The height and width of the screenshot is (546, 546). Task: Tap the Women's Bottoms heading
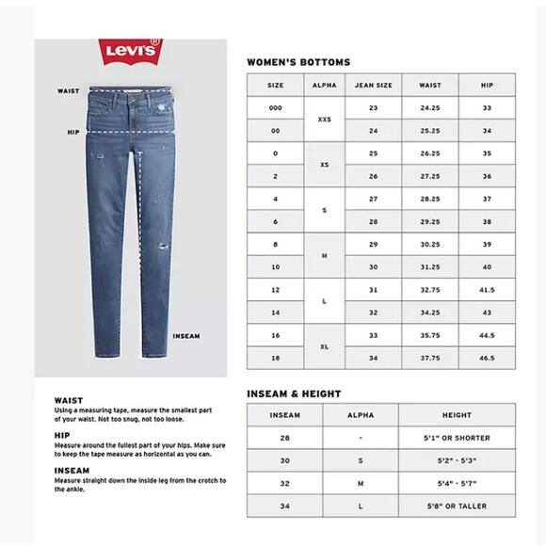(x=297, y=62)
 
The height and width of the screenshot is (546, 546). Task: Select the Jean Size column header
(x=373, y=85)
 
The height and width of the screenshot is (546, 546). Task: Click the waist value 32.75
(x=430, y=290)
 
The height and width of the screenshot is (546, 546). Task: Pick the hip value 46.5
(x=487, y=359)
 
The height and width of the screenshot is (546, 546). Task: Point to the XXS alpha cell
(x=324, y=120)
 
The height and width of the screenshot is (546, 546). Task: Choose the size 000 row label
(x=275, y=107)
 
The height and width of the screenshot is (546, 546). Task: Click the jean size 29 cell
(x=373, y=244)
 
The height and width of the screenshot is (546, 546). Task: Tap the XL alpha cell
(x=324, y=346)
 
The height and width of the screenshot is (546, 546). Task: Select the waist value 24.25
(x=430, y=107)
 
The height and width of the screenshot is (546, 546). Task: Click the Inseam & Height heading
(x=294, y=393)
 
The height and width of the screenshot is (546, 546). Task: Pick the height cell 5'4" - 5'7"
(x=457, y=483)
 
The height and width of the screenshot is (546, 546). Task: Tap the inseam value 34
(x=284, y=506)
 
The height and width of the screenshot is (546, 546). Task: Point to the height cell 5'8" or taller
(x=457, y=506)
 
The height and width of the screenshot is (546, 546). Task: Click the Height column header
(x=457, y=415)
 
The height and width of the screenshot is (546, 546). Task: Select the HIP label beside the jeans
(x=72, y=133)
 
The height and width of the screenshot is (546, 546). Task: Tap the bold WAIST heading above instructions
(x=69, y=400)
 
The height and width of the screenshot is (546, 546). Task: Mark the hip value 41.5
(x=487, y=290)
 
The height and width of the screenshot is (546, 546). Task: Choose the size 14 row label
(x=275, y=313)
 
